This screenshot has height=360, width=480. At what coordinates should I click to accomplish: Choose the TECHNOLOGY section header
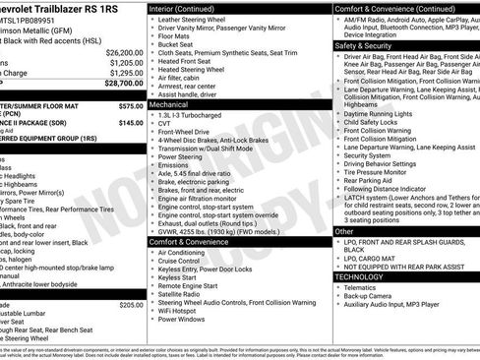[x=361, y=277]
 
